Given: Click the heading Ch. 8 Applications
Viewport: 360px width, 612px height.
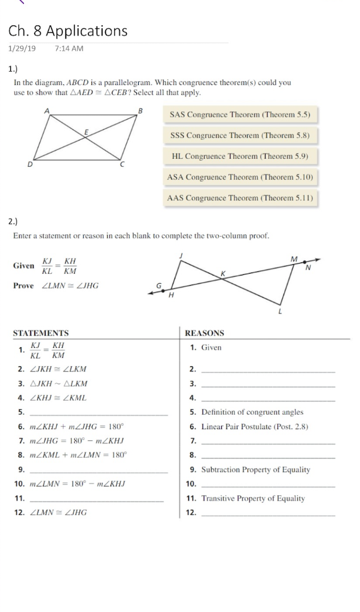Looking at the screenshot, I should [x=68, y=31].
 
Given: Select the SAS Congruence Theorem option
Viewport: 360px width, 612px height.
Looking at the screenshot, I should [x=240, y=114].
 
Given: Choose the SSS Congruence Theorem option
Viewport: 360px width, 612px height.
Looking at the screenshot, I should [x=239, y=135].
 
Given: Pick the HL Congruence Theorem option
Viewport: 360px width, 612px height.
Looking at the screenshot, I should [x=239, y=156].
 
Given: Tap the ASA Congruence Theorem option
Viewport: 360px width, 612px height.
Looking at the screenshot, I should [x=239, y=177].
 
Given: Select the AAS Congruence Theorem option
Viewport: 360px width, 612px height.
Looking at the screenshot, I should [x=239, y=198].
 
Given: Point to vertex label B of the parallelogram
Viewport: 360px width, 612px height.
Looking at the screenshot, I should [x=141, y=111].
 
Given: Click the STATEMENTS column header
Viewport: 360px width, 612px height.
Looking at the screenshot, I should [x=41, y=333].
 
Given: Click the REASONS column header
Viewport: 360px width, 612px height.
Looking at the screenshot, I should [x=205, y=333].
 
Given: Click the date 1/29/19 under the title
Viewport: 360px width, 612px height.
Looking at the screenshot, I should [x=22, y=48].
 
